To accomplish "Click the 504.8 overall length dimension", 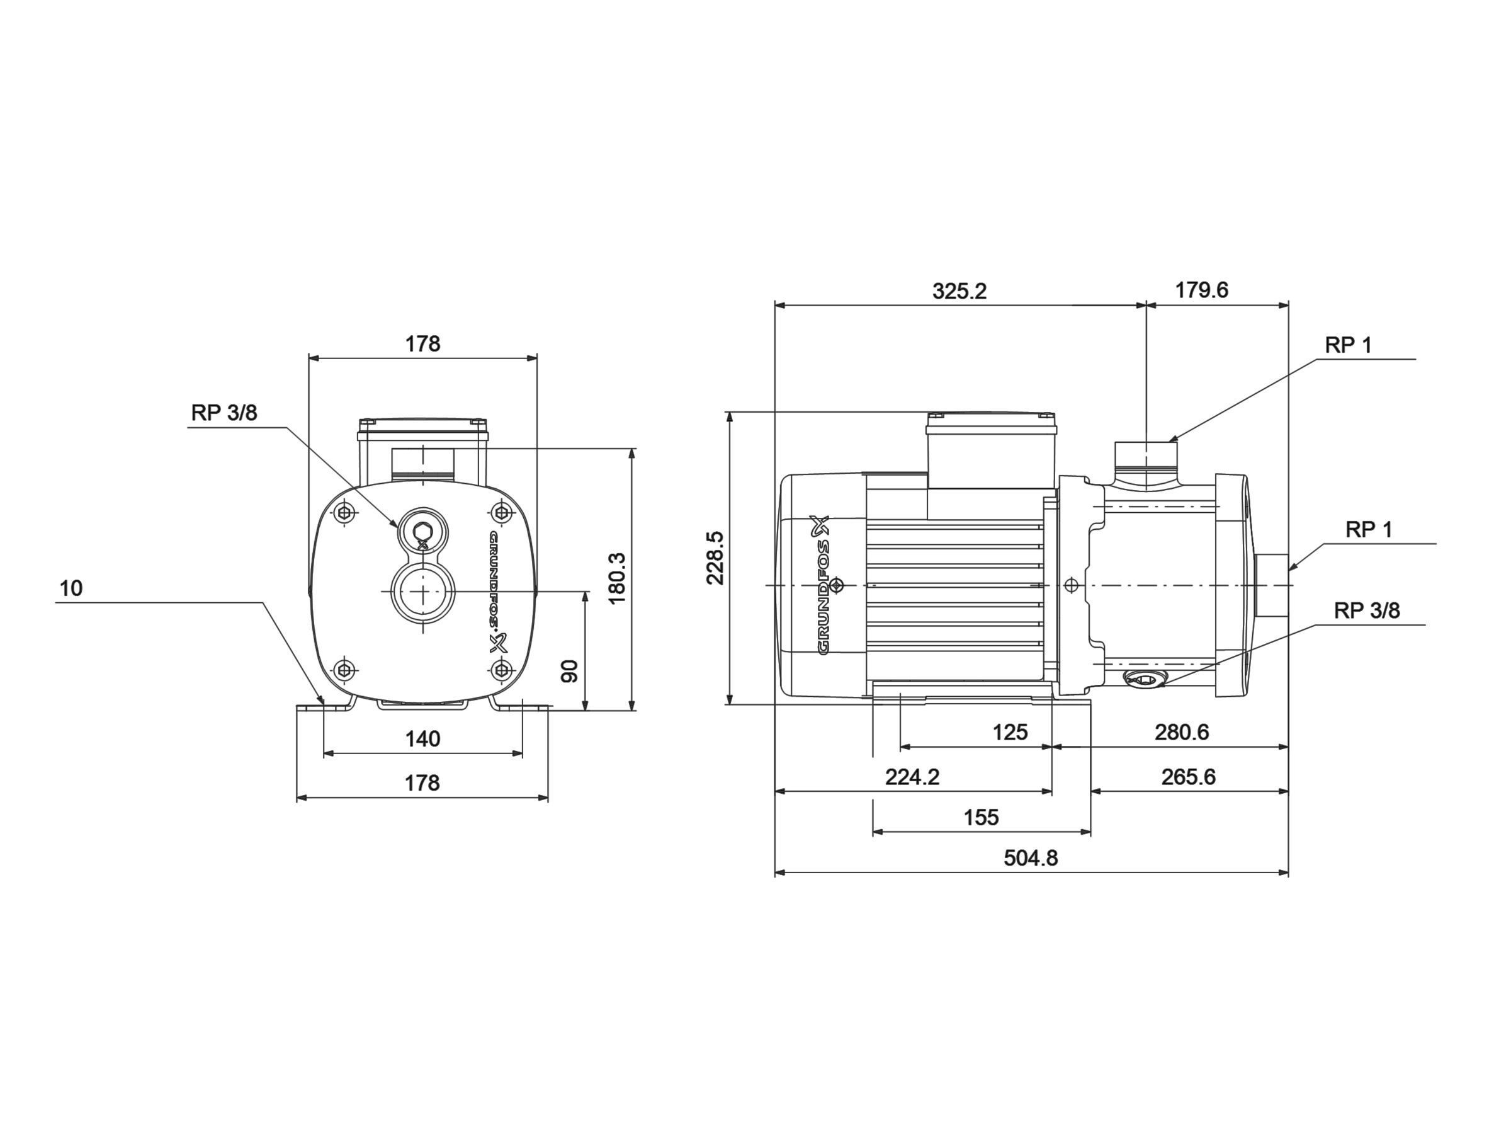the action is (x=1030, y=858).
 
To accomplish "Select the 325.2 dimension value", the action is (x=959, y=291).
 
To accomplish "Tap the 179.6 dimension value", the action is (x=1201, y=290).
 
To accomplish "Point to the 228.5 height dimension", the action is (x=715, y=557).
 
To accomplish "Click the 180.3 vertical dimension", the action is (x=618, y=578).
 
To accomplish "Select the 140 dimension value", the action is (x=423, y=739).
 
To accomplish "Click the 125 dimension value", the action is (x=1010, y=733).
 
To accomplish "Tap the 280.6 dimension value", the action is (x=1182, y=733).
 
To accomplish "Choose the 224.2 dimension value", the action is (x=913, y=777).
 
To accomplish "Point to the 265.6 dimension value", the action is (x=1189, y=777).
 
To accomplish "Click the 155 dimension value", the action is (x=981, y=818).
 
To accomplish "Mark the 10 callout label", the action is (x=71, y=588).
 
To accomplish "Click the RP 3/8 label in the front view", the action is (x=224, y=413).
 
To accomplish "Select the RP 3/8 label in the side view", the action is (x=1367, y=611).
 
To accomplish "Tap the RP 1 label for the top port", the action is (x=1349, y=345).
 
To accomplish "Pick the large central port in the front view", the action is (x=423, y=590).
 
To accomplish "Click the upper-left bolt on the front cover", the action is (x=346, y=512).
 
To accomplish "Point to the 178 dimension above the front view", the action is (x=423, y=344).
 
